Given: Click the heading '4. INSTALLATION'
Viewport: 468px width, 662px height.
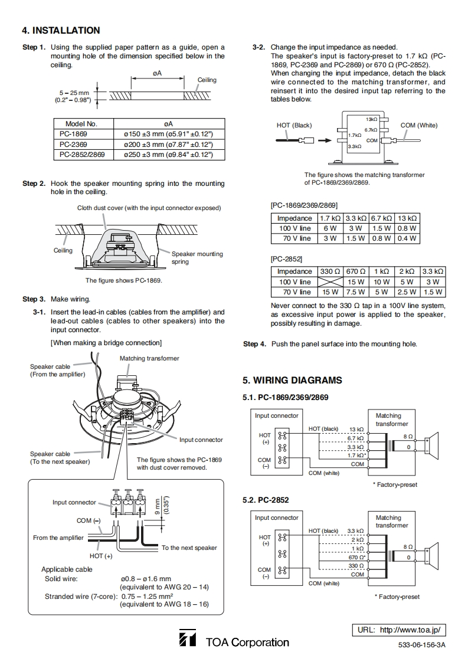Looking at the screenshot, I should point(61,30).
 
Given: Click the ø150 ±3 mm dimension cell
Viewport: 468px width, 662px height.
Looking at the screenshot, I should point(168,135).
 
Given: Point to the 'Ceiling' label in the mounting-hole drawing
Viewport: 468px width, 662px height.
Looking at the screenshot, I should point(207,80).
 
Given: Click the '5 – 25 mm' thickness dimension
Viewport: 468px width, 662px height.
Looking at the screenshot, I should point(75,93).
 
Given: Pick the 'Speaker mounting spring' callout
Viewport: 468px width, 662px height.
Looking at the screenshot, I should point(197,257).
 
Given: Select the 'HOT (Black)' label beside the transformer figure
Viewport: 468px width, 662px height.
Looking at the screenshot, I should point(294,125).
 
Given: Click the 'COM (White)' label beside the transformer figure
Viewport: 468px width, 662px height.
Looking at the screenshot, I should point(419,125).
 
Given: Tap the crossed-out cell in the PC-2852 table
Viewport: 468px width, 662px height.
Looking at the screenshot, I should point(330,282).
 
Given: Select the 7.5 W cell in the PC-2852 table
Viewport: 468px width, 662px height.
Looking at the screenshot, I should point(355,292).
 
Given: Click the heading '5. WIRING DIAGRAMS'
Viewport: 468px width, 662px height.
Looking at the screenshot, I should point(292,381).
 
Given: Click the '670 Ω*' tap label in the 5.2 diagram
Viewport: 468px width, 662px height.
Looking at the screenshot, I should point(356,557).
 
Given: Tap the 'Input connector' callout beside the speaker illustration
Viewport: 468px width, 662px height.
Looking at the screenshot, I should point(201,440).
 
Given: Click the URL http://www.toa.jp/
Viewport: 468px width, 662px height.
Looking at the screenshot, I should point(399,630).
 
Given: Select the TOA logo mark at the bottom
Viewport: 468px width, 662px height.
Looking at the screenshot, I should point(187,639).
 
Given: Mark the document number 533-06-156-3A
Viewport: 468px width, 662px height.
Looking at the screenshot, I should point(421,645).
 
